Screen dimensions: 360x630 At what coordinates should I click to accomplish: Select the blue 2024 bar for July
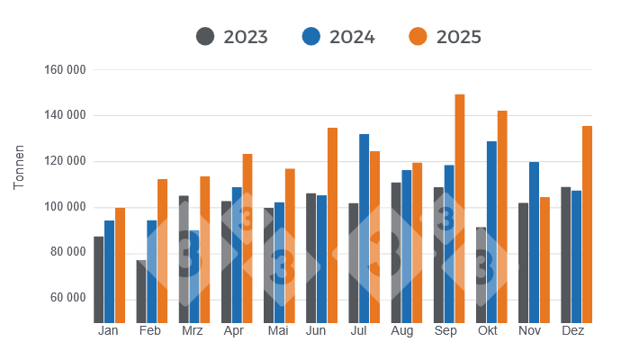(364, 229)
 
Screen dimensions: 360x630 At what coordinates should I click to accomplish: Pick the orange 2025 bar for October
(502, 217)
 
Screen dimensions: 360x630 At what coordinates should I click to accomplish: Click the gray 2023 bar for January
(99, 280)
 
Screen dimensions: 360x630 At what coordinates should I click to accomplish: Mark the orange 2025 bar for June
(332, 225)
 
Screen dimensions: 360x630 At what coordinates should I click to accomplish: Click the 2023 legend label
(246, 37)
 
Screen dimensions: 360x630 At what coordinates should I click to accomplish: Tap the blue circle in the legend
(311, 37)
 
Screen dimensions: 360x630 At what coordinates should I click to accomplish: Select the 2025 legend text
(458, 37)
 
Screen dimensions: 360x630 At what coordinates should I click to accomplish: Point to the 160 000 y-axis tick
(64, 70)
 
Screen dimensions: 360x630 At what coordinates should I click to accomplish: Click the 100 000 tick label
(64, 207)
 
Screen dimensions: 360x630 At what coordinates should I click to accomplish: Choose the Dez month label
(572, 331)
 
